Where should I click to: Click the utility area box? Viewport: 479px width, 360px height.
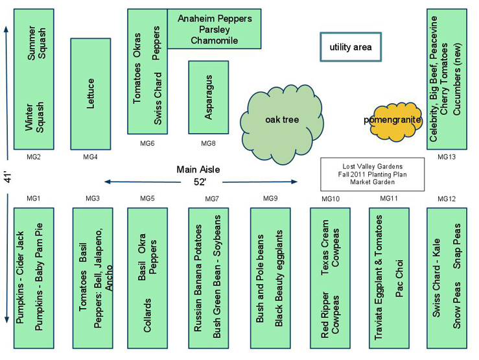coord(350,47)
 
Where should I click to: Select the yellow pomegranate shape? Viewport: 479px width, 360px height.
coord(392,121)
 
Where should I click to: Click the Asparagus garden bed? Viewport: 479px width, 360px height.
coord(208,97)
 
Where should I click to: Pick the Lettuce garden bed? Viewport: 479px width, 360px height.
coord(90,93)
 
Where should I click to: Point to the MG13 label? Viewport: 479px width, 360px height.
coord(447,157)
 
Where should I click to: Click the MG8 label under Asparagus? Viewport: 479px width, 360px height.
coord(208,143)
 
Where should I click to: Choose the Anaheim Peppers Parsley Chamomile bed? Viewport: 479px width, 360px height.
coord(215,29)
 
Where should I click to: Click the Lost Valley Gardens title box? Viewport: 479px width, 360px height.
coord(372,174)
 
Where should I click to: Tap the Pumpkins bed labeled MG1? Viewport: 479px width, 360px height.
coord(34,278)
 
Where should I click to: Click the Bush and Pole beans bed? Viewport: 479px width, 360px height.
coord(270,278)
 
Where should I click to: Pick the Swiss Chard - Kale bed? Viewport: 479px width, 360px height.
coord(447,278)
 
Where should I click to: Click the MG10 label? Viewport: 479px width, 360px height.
coord(330,198)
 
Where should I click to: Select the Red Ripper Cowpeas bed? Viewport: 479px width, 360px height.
coord(330,278)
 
